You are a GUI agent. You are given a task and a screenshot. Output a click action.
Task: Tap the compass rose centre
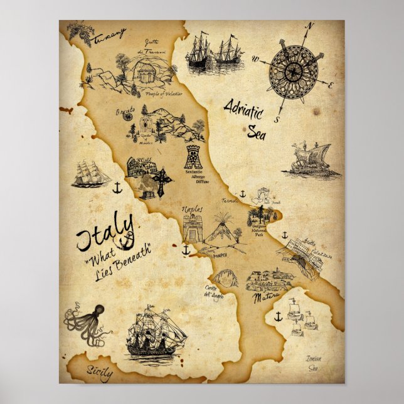[x=292, y=72]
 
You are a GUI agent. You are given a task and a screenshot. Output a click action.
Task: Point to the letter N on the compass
[x=309, y=26]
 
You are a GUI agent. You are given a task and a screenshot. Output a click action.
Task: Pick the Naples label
[x=193, y=208]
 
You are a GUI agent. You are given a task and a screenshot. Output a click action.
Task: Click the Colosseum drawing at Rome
[x=142, y=168]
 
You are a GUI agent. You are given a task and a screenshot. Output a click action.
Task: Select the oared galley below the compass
[x=310, y=161]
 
